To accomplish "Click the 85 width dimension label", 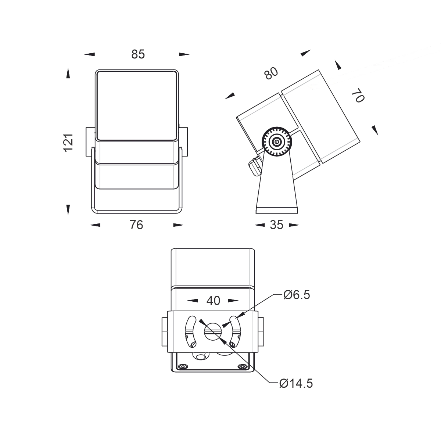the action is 138,54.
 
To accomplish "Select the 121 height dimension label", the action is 68,143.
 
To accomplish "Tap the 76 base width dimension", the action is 136,225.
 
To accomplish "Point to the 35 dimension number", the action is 276,225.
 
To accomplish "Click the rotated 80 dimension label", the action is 271,73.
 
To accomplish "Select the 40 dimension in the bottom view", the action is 213,301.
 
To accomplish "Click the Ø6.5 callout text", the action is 297,294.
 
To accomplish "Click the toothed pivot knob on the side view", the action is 277,141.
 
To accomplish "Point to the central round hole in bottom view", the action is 213,331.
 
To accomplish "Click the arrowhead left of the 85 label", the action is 89,54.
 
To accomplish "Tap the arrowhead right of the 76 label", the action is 179,225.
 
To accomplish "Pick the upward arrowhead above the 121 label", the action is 68,73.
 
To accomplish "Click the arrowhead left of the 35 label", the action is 259,225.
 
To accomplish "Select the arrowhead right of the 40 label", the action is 233,301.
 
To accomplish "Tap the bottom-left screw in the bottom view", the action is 182,366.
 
